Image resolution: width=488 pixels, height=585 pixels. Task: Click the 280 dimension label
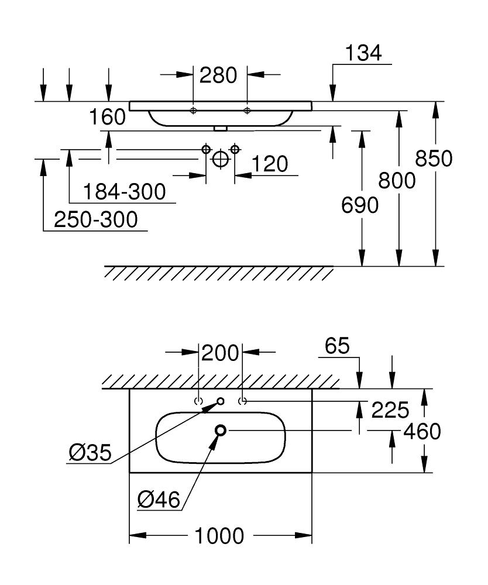(x=218, y=75)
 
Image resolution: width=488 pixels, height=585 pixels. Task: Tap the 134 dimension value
(x=363, y=53)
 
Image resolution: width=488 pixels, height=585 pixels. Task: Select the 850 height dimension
(x=434, y=159)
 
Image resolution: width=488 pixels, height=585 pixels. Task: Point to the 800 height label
(x=397, y=180)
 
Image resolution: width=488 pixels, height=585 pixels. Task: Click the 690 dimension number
(x=360, y=205)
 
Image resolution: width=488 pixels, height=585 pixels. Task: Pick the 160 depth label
(x=108, y=118)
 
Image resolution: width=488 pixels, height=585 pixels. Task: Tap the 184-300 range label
(x=123, y=191)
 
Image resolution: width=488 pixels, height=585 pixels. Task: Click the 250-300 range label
(x=95, y=220)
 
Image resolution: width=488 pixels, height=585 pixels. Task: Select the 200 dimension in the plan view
(x=221, y=353)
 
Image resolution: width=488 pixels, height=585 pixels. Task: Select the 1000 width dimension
(x=219, y=535)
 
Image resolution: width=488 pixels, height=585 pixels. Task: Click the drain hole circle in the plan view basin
(x=221, y=431)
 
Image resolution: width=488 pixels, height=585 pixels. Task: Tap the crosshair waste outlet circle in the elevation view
(x=221, y=159)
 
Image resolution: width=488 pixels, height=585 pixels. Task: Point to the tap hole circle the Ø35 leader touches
(x=221, y=401)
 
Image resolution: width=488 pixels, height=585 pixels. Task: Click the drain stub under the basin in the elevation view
(x=221, y=128)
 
